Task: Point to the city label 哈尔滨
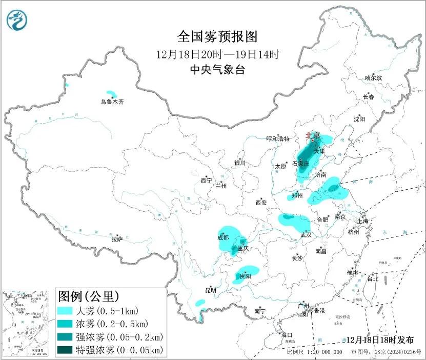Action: [373, 78]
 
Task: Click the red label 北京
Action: [312, 135]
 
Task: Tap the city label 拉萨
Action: [117, 239]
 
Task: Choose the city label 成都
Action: [223, 237]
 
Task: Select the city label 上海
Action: [363, 221]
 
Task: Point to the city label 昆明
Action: [211, 290]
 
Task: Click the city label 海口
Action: [287, 335]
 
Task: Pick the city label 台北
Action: [372, 279]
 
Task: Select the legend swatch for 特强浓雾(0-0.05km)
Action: [66, 350]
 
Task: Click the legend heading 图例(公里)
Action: [89, 296]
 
